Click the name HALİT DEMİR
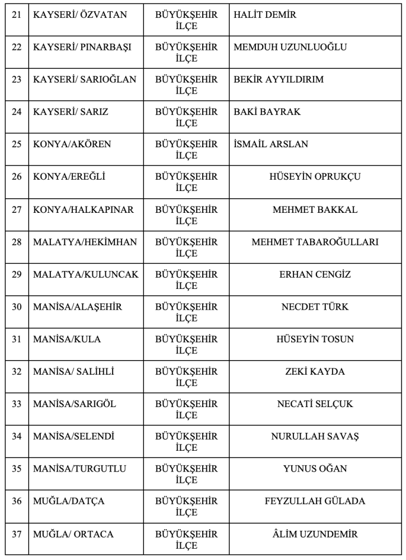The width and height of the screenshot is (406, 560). coord(265,15)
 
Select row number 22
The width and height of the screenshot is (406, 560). coord(16,47)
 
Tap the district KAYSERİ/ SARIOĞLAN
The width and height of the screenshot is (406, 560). coord(85,80)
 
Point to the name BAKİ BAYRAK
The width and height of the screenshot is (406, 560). coord(267,112)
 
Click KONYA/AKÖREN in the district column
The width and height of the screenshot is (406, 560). coord(72,144)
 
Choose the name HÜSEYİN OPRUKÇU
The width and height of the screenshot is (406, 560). coord(315,177)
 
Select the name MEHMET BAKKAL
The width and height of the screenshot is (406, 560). coord(315,209)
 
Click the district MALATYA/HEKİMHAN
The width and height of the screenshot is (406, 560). coord(85,242)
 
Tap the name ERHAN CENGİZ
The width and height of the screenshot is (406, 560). coord(315,274)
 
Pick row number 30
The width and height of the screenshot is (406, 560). coord(16,307)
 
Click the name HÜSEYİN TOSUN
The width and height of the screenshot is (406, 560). coord(315,339)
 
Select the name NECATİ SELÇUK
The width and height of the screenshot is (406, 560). coord(315,404)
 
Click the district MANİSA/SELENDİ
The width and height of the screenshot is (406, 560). coord(73,437)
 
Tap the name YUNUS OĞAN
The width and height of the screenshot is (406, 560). coord(315,469)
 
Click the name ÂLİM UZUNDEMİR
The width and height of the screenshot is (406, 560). coord(315,534)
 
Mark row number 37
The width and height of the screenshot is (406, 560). coord(16,534)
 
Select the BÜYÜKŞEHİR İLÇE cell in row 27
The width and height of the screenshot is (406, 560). coord(186,215)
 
